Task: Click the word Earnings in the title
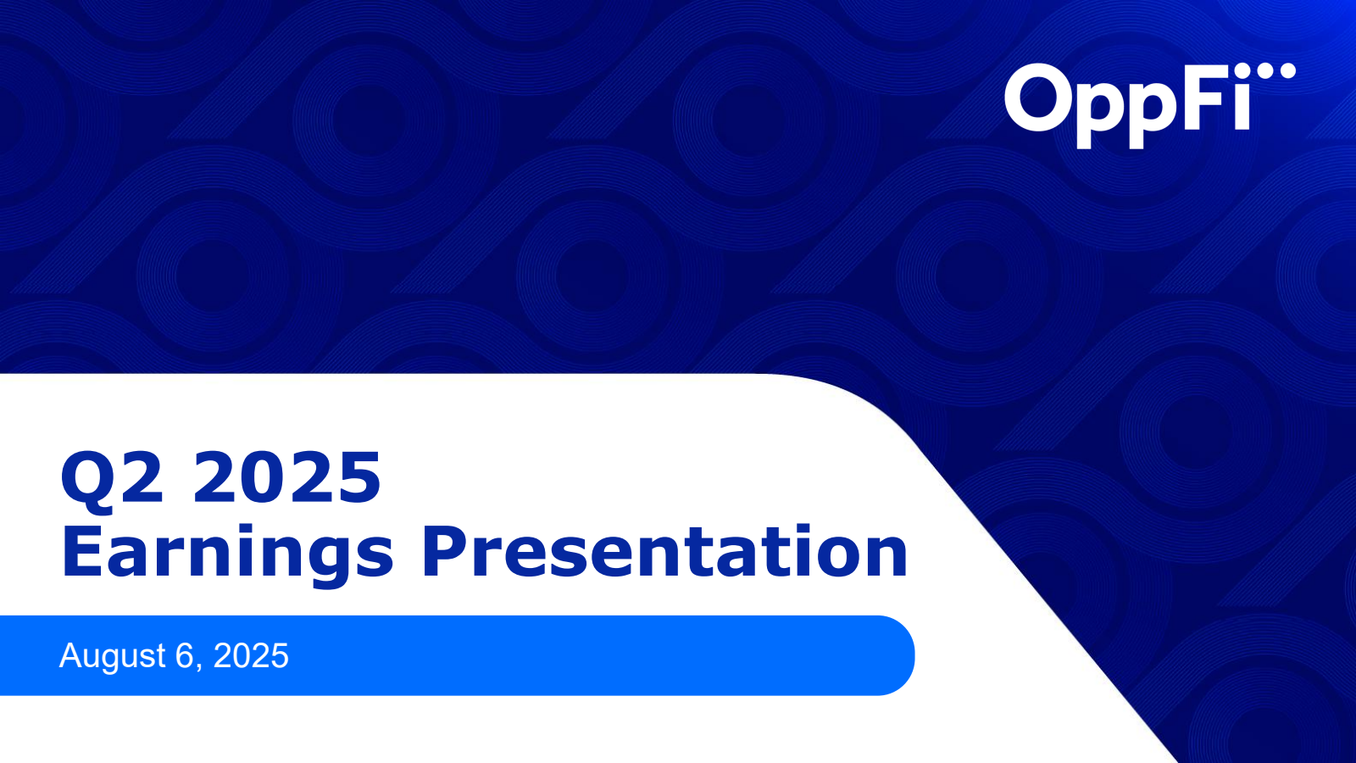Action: tap(227, 553)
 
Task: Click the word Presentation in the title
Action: tap(664, 553)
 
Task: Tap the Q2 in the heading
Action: tap(111, 477)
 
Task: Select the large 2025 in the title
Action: tap(287, 477)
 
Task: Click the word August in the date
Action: tap(112, 656)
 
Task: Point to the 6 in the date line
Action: tap(185, 655)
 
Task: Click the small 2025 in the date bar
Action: tap(251, 655)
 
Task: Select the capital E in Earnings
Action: tap(82, 553)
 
